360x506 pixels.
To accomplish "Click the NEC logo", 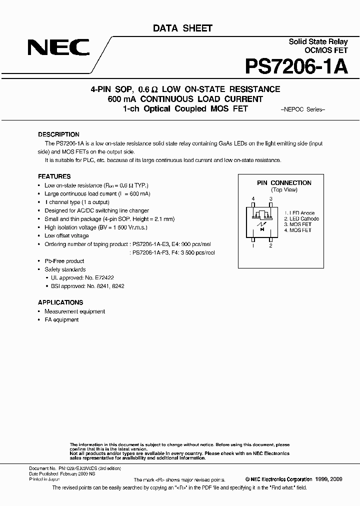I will pyautogui.click(x=59, y=47).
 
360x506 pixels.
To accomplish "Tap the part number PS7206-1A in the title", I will pyautogui.click(x=296, y=66).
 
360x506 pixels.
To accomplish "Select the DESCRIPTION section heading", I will pyautogui.click(x=58, y=134).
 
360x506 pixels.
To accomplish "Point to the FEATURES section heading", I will pyautogui.click(x=54, y=176).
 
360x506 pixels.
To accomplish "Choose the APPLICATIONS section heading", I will pyautogui.click(x=60, y=302).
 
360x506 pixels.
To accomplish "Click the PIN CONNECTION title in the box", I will pyautogui.click(x=284, y=183).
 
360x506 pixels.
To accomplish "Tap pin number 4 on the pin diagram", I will pyautogui.click(x=253, y=199).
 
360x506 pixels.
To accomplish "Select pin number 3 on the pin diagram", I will pyautogui.click(x=270, y=199).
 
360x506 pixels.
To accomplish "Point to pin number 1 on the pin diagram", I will pyautogui.click(x=253, y=245).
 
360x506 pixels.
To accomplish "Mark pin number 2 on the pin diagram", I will pyautogui.click(x=270, y=245).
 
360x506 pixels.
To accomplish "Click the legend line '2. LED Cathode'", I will pyautogui.click(x=301, y=219).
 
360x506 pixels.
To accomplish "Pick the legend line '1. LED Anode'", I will pyautogui.click(x=299, y=213).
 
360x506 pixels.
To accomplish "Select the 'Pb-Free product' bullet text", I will pyautogui.click(x=64, y=261).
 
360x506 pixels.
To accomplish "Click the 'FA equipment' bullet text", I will pyautogui.click(x=61, y=319).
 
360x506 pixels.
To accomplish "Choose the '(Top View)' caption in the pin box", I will pyautogui.click(x=284, y=190).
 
